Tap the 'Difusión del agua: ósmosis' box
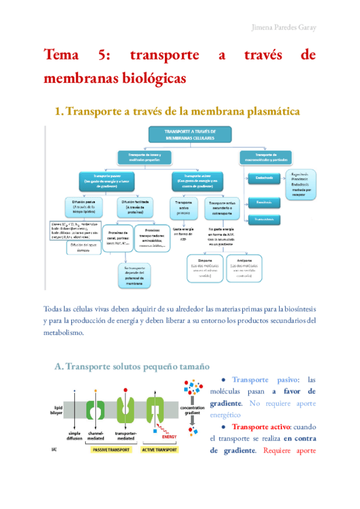point(83,247)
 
